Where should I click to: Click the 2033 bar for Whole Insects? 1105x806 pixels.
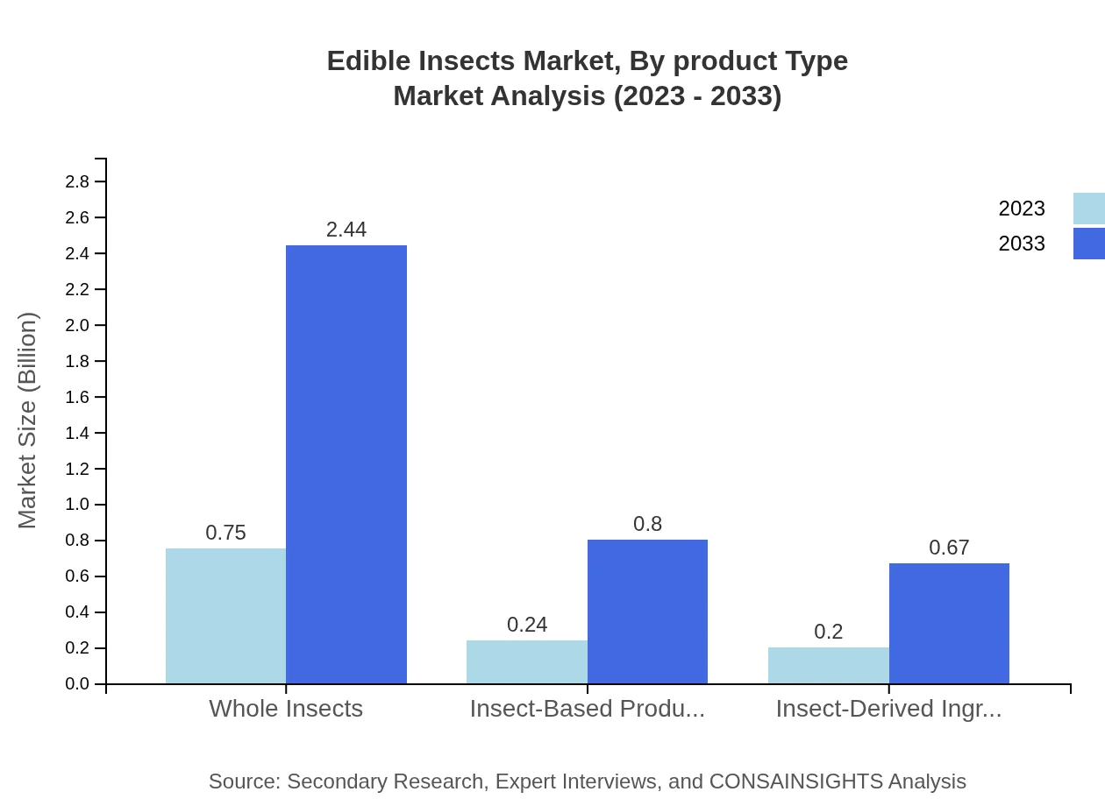(346, 464)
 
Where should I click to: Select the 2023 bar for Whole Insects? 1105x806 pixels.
(225, 616)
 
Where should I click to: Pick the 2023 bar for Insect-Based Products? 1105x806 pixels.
(526, 661)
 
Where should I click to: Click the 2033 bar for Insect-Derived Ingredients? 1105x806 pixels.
(949, 623)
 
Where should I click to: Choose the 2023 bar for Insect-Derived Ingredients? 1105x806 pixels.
(828, 665)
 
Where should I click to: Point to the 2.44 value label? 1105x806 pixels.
(346, 230)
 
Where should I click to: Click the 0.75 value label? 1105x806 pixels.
(225, 533)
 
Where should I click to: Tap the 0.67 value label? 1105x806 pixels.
(949, 548)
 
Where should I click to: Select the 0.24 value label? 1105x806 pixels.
(527, 625)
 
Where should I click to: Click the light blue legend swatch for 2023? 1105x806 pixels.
(1088, 209)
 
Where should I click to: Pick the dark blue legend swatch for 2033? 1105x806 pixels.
(1088, 244)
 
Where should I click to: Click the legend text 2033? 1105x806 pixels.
(1022, 244)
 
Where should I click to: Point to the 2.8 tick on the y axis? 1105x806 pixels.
(77, 181)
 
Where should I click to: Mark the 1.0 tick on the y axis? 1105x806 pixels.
(77, 505)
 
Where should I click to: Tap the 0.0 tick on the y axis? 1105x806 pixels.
(77, 684)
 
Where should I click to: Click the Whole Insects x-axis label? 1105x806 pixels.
(286, 708)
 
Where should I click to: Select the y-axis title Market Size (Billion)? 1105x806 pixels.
(28, 421)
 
